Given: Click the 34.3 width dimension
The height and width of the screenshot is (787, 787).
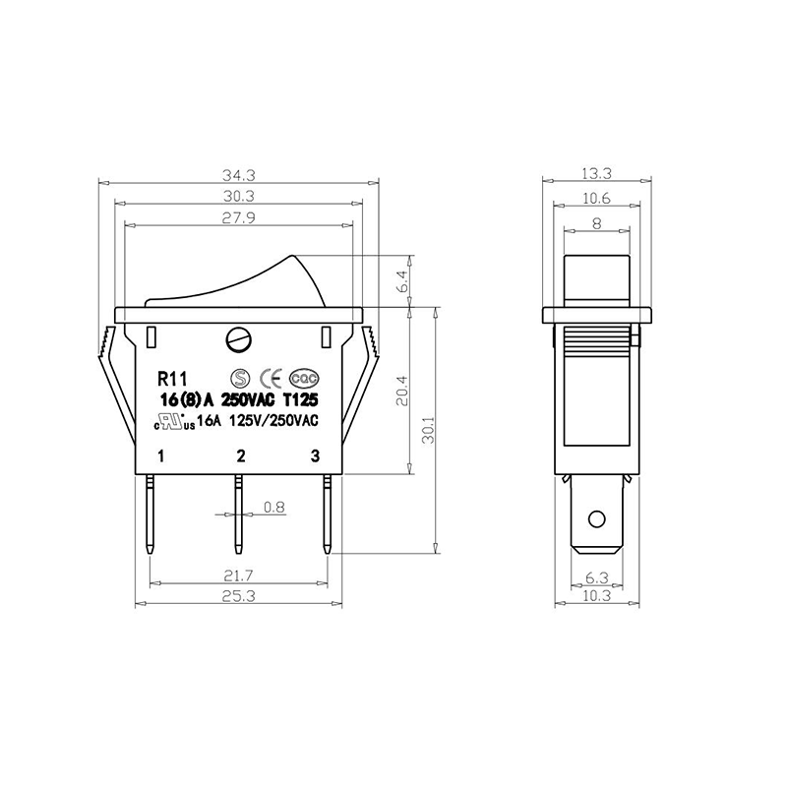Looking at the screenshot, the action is pyautogui.click(x=239, y=175).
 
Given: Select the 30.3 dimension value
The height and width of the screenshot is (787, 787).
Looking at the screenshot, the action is pyautogui.click(x=239, y=196).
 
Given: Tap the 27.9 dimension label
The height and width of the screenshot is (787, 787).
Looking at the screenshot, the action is pyautogui.click(x=239, y=217).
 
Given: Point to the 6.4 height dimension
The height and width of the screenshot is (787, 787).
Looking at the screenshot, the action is pyautogui.click(x=401, y=281).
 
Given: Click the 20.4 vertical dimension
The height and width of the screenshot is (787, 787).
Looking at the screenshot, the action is pyautogui.click(x=401, y=391).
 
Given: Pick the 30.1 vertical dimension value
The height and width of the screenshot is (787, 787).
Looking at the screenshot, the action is pyautogui.click(x=428, y=430).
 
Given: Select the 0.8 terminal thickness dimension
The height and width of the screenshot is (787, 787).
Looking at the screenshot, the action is pyautogui.click(x=274, y=508).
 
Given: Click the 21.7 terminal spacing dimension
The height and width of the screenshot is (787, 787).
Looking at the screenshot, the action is pyautogui.click(x=239, y=575).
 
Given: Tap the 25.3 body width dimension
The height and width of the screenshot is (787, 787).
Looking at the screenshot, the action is pyautogui.click(x=239, y=596).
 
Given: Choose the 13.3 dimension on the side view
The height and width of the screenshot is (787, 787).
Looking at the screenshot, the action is pyautogui.click(x=597, y=174).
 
